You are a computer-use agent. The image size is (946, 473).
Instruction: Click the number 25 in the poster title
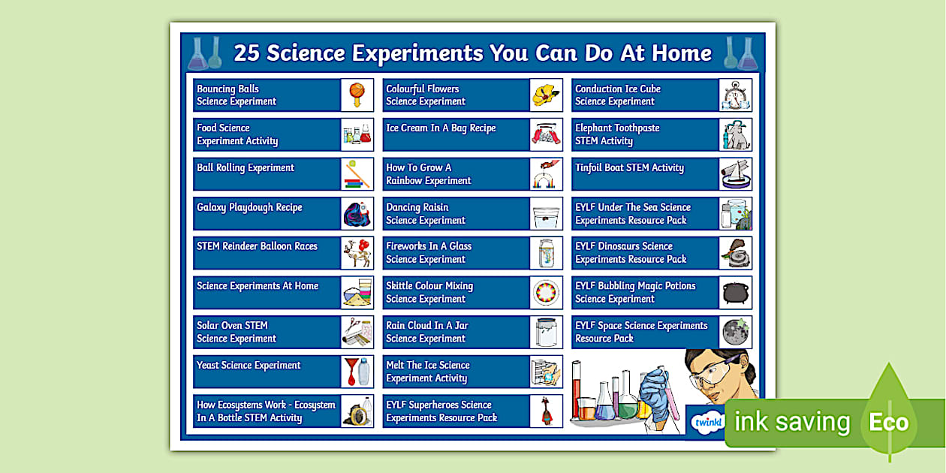click(x=246, y=53)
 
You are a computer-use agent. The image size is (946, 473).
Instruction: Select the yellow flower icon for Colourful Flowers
click(x=546, y=95)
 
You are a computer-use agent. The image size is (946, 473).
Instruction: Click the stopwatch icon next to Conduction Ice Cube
click(x=735, y=95)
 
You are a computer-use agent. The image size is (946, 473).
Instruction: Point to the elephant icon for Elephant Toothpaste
click(x=736, y=134)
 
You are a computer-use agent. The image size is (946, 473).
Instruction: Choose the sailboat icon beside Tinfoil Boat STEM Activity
click(x=736, y=174)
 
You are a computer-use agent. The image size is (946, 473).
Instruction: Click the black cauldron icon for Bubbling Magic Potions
click(x=736, y=292)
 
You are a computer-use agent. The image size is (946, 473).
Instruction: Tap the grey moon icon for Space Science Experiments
click(x=735, y=332)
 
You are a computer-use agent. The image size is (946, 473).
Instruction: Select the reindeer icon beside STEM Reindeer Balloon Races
click(x=357, y=253)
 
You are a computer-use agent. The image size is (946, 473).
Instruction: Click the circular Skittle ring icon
click(x=546, y=292)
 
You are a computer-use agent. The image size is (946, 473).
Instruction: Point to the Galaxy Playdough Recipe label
click(x=249, y=208)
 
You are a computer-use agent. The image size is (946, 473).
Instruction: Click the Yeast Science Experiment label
click(x=249, y=366)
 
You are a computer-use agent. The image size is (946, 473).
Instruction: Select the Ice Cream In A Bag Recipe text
click(x=441, y=128)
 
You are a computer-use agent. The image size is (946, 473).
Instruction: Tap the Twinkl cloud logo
click(x=708, y=422)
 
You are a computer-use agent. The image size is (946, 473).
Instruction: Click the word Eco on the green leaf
click(x=889, y=422)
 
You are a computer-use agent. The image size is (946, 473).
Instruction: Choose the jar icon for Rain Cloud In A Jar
click(x=546, y=332)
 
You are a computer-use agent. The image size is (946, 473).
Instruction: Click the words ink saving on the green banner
click(x=792, y=422)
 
